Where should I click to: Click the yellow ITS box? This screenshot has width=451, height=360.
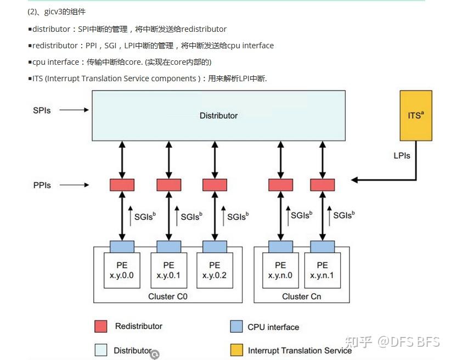tap(415, 116)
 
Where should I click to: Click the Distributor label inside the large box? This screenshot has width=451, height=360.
tap(218, 116)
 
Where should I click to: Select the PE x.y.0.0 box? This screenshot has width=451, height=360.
tap(122, 270)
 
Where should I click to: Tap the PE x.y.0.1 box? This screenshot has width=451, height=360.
tap(168, 270)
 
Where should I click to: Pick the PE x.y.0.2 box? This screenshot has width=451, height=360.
tap(214, 270)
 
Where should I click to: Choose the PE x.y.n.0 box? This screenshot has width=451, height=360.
tap(280, 270)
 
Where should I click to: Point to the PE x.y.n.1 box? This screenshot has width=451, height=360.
tap(323, 270)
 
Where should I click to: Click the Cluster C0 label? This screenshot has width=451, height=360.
tap(168, 296)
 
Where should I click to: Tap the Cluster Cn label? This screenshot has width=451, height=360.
tap(301, 296)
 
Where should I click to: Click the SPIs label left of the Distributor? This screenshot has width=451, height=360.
tap(42, 110)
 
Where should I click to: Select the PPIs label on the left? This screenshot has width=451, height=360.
tap(42, 185)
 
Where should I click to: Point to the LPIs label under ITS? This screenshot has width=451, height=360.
tap(402, 156)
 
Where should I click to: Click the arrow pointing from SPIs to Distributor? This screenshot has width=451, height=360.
tap(74, 110)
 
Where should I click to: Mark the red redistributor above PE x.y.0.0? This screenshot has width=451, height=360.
tap(122, 185)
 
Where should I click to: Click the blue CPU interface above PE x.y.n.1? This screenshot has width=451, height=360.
tap(323, 246)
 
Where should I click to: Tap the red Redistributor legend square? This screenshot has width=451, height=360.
tap(100, 327)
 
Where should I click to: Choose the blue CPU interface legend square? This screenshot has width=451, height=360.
tap(236, 327)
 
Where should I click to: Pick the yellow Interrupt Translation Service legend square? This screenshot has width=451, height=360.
tap(236, 350)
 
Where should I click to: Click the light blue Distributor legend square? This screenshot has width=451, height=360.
tap(100, 350)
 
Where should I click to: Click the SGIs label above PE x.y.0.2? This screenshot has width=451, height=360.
tap(236, 216)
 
